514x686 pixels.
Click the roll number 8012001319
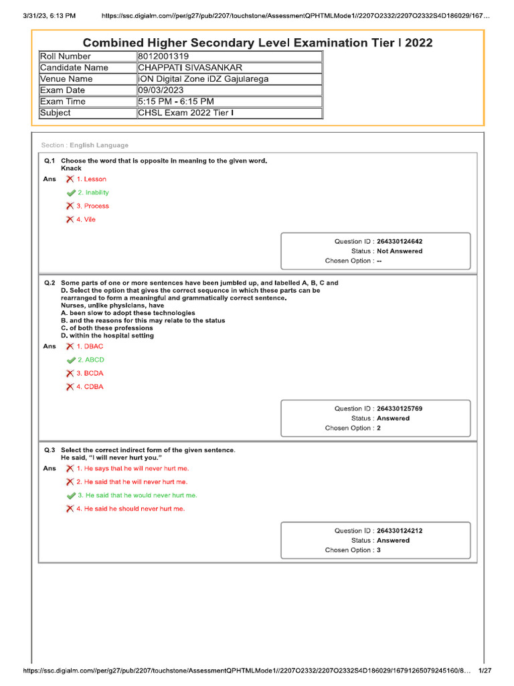click(164, 56)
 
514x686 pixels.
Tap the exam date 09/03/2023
click(159, 90)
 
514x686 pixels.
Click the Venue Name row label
click(66, 79)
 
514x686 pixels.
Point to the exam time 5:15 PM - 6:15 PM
click(176, 102)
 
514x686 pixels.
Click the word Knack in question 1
click(71, 168)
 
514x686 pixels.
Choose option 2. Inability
click(92, 193)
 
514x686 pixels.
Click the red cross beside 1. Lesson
click(70, 180)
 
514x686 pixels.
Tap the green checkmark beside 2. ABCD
click(71, 360)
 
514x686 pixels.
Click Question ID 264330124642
click(399, 241)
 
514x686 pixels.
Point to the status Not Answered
click(400, 251)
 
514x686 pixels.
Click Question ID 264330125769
click(399, 409)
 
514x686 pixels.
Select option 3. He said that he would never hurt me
click(137, 496)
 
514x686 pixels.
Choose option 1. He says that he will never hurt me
click(133, 469)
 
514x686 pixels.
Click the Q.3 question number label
click(50, 450)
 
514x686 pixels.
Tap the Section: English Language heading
click(84, 145)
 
